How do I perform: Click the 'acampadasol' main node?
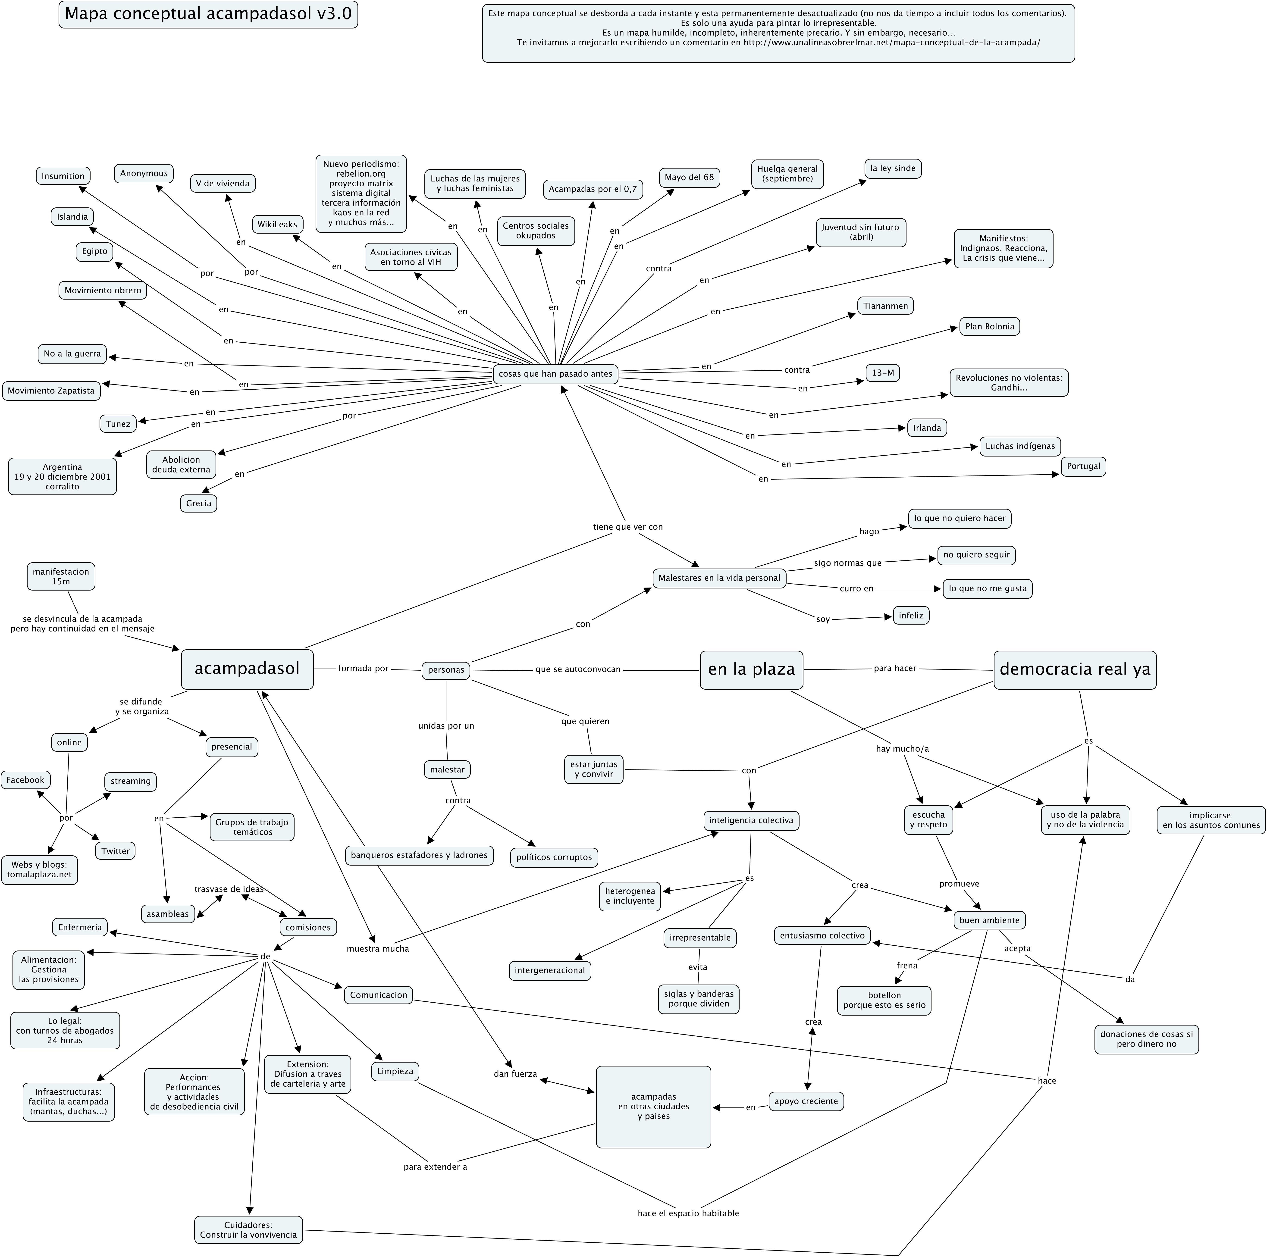247,669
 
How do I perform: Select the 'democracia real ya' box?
1075,669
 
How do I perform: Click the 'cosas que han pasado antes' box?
555,374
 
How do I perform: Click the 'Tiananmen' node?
885,306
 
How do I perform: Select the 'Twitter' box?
115,851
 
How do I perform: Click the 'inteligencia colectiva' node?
751,820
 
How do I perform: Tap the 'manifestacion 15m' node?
61,576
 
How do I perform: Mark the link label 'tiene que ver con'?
628,527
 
